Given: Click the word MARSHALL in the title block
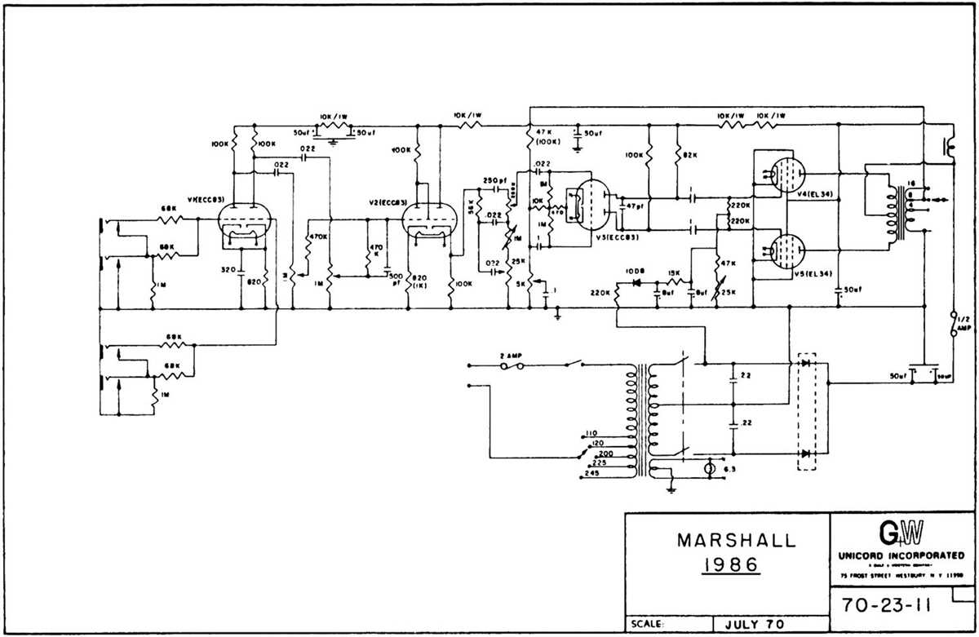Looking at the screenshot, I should [x=725, y=540].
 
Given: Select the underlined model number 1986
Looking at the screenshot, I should [x=725, y=564].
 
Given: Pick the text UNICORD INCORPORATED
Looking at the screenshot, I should [x=901, y=555].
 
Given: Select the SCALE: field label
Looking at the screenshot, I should [x=649, y=625].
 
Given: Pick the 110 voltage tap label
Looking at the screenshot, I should [x=591, y=435].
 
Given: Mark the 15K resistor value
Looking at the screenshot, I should [x=675, y=272].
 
